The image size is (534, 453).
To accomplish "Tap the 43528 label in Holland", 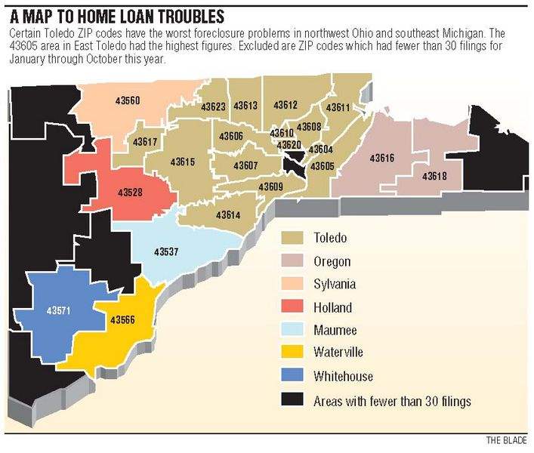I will [x=130, y=193].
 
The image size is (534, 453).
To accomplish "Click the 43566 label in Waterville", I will [x=122, y=320].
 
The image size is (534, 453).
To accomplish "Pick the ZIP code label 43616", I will [x=381, y=159].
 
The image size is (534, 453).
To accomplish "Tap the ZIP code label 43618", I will [x=434, y=176].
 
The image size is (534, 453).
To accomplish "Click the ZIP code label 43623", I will [x=214, y=107].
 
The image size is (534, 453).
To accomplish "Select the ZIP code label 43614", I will [x=227, y=215].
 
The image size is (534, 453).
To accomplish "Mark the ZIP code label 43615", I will [x=182, y=162].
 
